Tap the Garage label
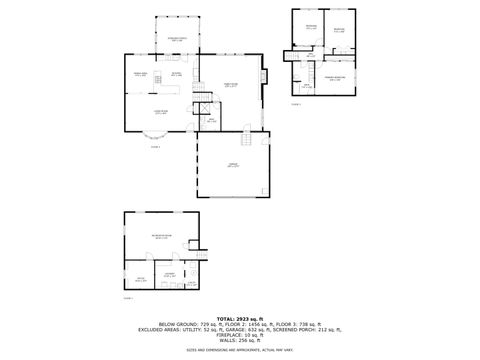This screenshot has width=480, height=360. tap(233, 165)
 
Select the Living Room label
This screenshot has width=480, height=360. tap(159, 112)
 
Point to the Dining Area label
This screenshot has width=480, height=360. tap(141, 75)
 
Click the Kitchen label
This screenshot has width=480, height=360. tap(176, 74)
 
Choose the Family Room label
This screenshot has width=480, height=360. tap(230, 84)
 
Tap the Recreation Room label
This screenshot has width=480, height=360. tap(162, 236)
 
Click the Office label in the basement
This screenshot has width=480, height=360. tap(141, 279)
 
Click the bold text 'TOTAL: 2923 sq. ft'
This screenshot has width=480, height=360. tap(240, 317)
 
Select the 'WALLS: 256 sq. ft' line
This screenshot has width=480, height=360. tap(240, 340)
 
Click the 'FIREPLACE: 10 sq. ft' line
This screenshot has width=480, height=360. tap(240, 334)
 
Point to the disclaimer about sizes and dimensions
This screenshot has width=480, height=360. tap(240, 350)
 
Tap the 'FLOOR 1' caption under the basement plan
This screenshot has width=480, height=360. tap(128, 298)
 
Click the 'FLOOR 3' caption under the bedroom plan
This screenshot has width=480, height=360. tap(296, 104)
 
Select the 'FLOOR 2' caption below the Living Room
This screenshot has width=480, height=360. tap(155, 146)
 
